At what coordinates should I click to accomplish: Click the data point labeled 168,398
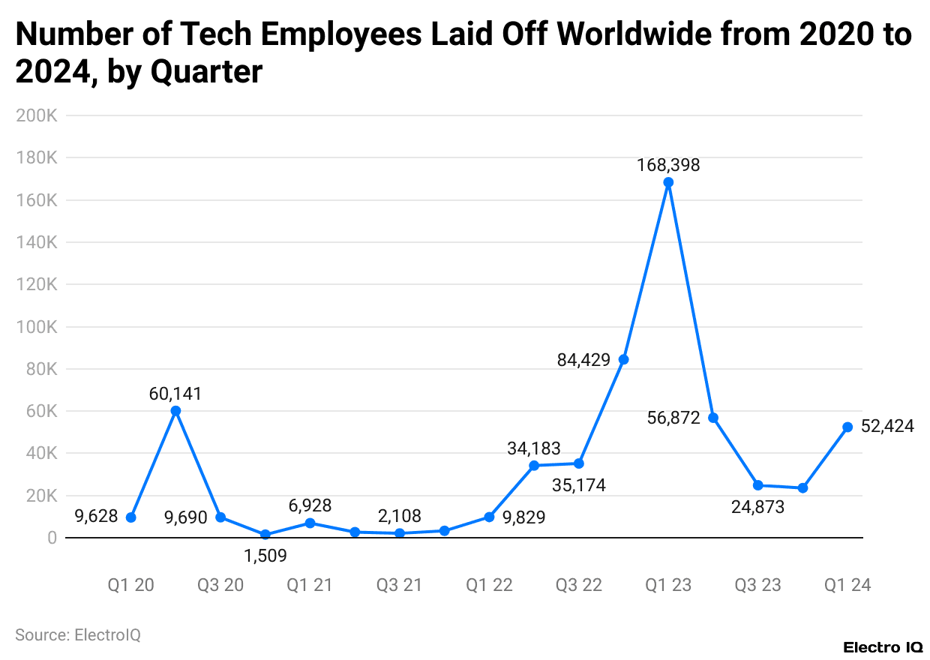668,182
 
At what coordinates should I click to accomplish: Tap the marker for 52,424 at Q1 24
847,427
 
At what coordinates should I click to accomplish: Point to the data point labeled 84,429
623,359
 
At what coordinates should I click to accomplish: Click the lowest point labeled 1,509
265,535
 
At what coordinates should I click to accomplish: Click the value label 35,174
578,485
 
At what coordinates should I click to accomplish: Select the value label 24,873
757,507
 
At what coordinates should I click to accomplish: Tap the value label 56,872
673,418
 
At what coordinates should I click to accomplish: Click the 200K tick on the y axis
39,116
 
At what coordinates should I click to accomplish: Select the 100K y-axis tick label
39,327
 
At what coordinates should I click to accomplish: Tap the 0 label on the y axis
52,538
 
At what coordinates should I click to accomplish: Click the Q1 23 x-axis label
668,585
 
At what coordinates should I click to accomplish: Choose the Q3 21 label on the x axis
400,585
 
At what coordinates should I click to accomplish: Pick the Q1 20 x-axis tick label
130,585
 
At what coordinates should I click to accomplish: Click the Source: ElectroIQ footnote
78,634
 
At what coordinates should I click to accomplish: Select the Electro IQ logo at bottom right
883,646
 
